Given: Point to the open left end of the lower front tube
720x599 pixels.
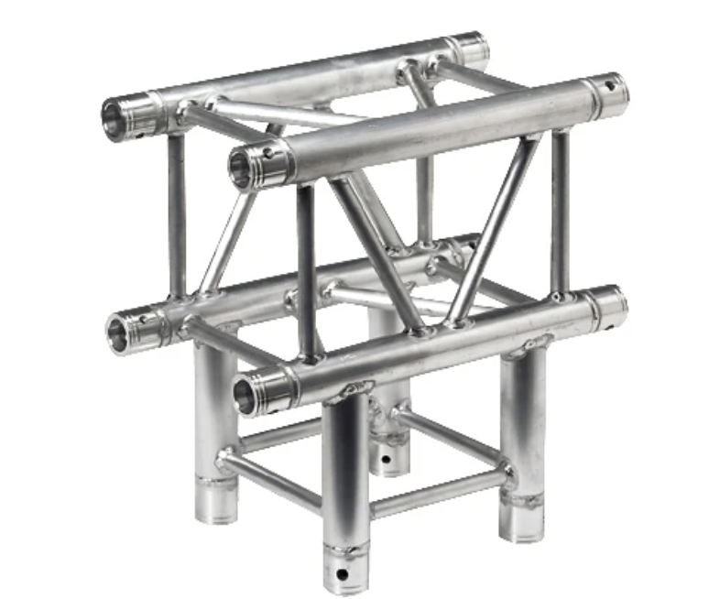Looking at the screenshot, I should (x=248, y=394).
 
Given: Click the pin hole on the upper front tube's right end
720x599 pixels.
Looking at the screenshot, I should (x=611, y=89).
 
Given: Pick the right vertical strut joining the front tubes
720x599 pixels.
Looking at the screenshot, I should (x=560, y=211).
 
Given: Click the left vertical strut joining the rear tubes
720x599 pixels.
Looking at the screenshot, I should (x=177, y=215).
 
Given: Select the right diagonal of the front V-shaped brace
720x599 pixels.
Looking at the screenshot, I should (x=495, y=229).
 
